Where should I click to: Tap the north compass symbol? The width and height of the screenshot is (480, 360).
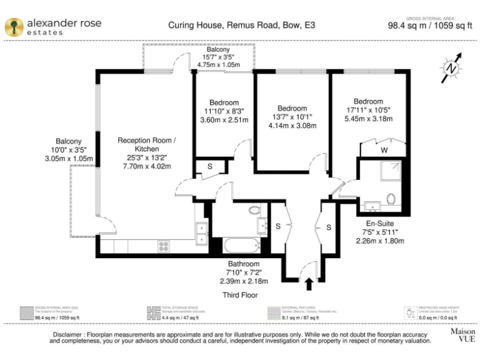point(451,67)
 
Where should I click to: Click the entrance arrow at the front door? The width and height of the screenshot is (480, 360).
point(308,284)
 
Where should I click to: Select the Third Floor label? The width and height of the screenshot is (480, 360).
point(240,294)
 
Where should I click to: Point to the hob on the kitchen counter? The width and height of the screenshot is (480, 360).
point(164,246)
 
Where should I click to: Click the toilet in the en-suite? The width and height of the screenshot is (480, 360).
point(391,199)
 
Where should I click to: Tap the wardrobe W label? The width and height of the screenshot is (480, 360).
point(383,150)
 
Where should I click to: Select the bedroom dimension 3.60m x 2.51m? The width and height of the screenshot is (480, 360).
point(224,120)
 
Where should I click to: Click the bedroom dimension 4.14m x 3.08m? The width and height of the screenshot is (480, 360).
point(292,126)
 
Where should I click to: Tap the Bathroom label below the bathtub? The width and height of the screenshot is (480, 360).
point(241,264)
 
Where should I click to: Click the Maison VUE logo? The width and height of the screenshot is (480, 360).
point(462,334)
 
